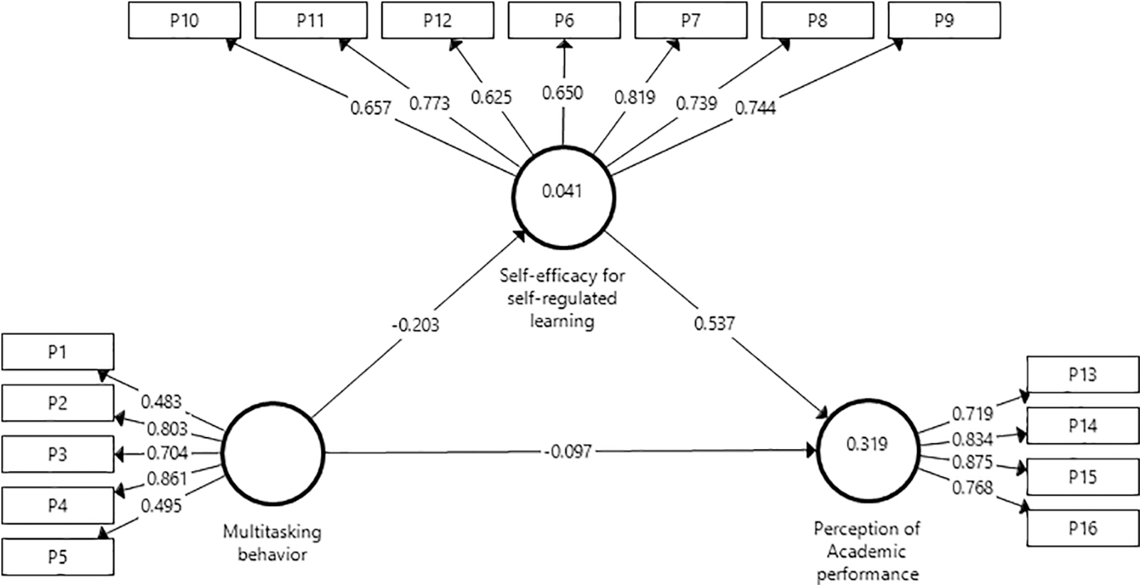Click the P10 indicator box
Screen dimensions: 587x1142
click(184, 20)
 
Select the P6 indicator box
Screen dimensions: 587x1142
click(564, 20)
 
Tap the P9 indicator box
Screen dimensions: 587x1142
click(944, 20)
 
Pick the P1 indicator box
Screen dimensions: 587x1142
click(58, 351)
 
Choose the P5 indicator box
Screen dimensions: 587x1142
click(58, 556)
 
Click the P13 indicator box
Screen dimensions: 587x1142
click(1082, 374)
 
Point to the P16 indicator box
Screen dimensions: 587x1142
click(1082, 528)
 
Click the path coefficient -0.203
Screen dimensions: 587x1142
click(416, 325)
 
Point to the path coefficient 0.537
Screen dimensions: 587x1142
click(714, 324)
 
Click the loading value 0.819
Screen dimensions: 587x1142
click(634, 96)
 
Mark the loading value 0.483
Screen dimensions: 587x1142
click(161, 401)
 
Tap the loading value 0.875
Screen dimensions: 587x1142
click(972, 462)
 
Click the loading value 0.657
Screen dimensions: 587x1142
click(371, 108)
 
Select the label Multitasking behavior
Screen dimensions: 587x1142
click(272, 543)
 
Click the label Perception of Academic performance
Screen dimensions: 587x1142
click(867, 551)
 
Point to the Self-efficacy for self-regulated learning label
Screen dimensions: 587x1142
click(562, 297)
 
